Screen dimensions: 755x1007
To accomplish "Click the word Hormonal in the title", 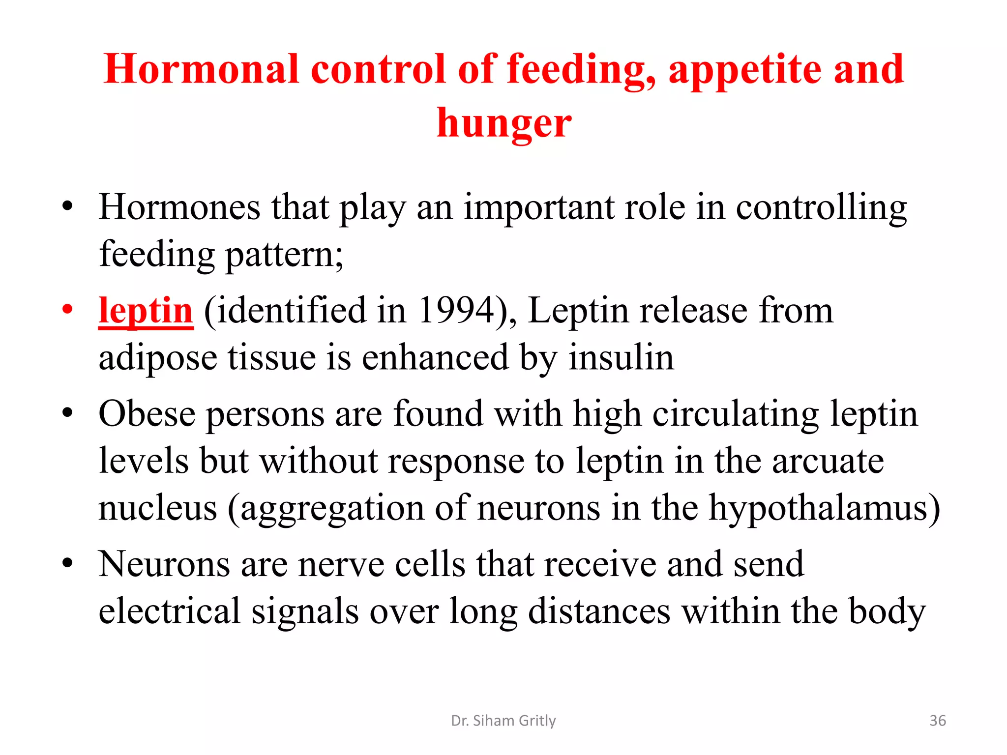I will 201,69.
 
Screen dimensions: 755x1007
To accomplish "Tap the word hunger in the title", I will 504,123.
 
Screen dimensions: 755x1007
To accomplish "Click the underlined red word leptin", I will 146,311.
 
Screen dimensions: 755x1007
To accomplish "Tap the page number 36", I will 937,721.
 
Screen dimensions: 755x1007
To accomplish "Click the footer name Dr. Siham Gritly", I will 503,721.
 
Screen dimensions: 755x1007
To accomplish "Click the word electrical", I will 170,611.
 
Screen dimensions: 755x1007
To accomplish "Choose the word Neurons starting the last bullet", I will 164,564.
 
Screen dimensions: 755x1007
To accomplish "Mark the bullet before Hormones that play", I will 67,206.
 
